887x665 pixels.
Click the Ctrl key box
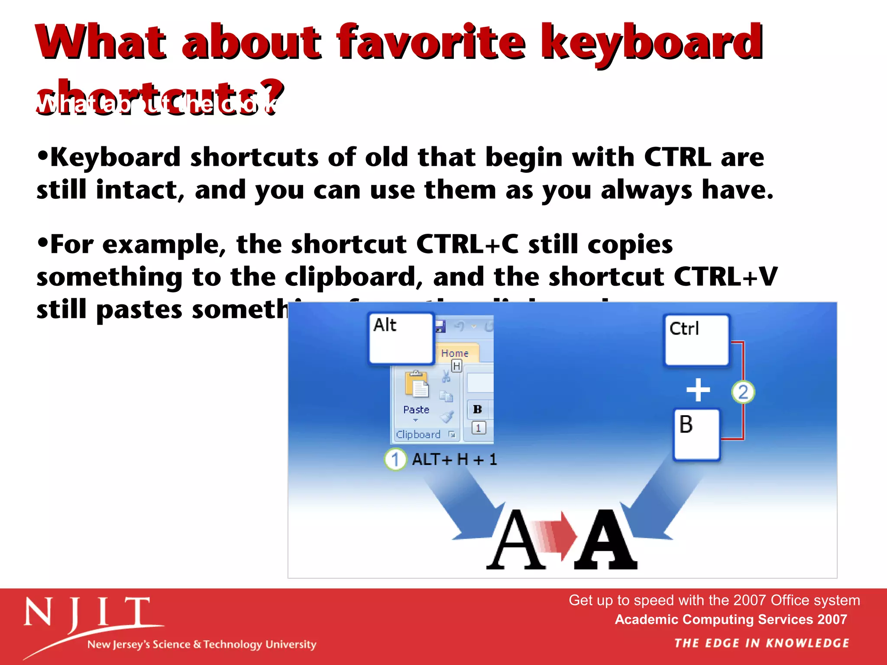coord(696,340)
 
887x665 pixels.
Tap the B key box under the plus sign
coord(696,434)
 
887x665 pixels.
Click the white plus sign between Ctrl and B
coord(698,390)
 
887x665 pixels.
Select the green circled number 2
coord(743,392)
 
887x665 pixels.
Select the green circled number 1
coord(395,459)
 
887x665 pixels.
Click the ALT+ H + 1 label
coord(454,459)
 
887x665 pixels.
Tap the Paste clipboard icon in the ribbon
coord(416,384)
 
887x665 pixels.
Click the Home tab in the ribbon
coord(454,353)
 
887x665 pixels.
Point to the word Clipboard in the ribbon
coord(418,434)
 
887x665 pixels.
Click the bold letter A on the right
coord(605,541)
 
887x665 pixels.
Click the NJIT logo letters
coord(87,613)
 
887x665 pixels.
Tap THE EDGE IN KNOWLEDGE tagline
coord(761,643)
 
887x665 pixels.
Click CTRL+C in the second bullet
coord(467,244)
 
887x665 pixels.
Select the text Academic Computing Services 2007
coord(731,620)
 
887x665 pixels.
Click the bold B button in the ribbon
coord(477,409)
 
